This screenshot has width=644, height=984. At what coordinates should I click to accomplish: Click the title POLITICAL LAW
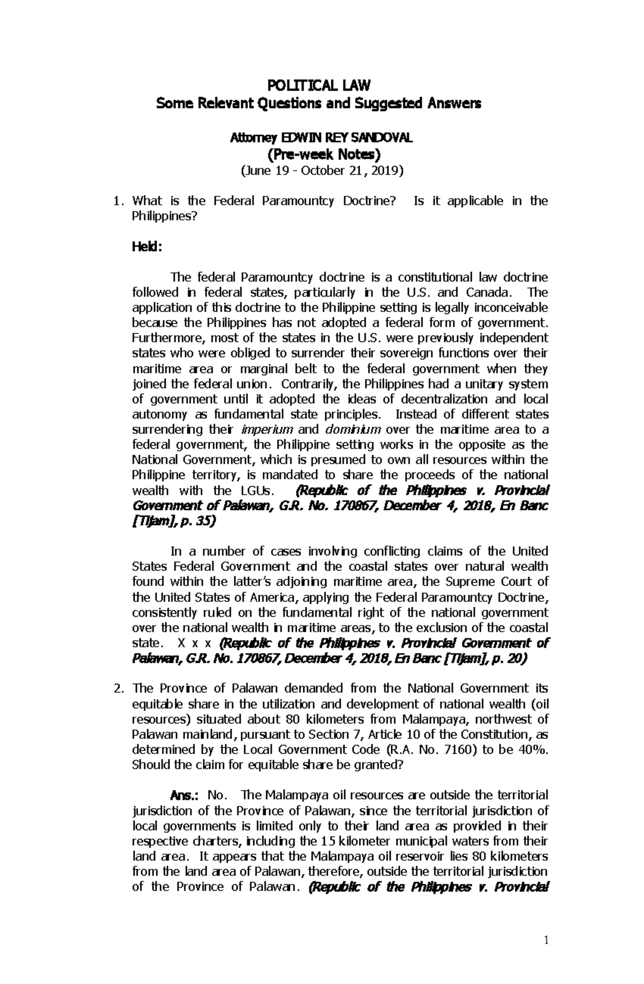(x=319, y=85)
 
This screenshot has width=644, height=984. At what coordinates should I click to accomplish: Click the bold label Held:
(x=146, y=247)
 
